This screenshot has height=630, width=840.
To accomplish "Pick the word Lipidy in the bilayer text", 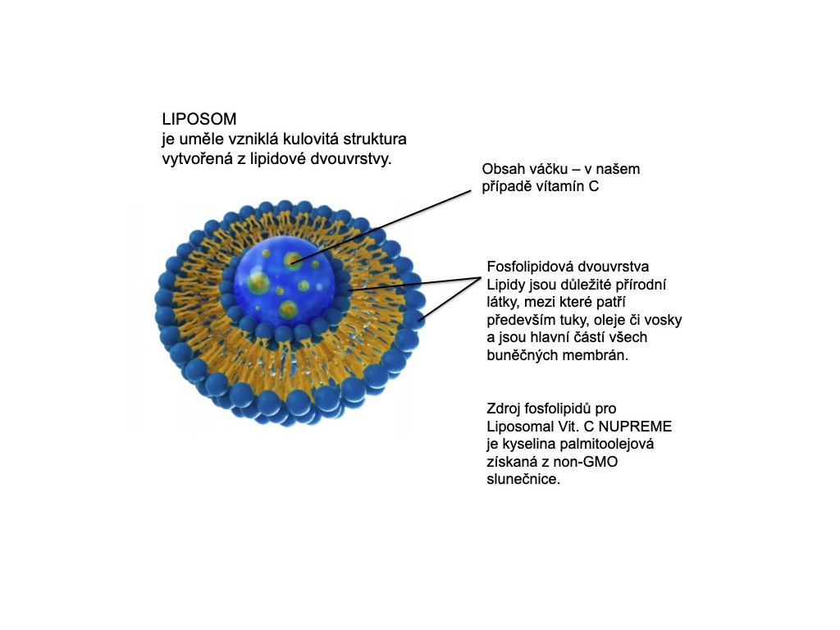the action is tap(507, 285).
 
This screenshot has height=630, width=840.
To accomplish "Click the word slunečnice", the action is tap(522, 481).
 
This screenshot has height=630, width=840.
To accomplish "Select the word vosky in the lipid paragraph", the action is tap(663, 320).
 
